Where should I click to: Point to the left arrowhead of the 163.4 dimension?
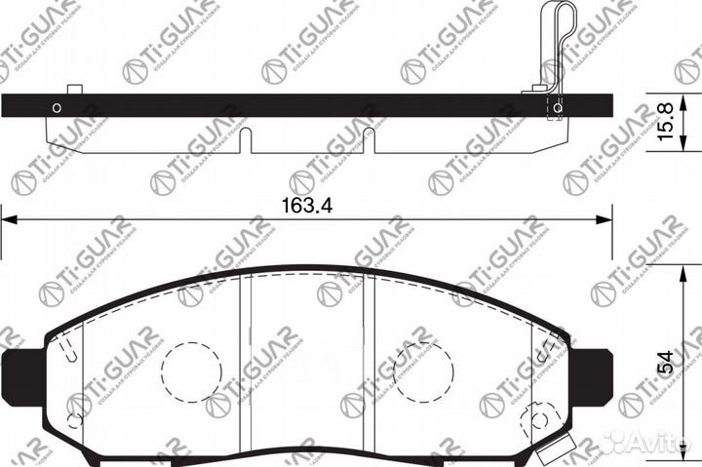(x=8, y=222)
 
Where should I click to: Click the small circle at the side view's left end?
(x=57, y=108)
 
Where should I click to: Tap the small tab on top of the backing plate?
(x=74, y=90)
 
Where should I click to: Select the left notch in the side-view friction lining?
(x=245, y=140)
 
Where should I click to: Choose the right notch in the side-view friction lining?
(x=369, y=140)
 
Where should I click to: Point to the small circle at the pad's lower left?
(x=74, y=422)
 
